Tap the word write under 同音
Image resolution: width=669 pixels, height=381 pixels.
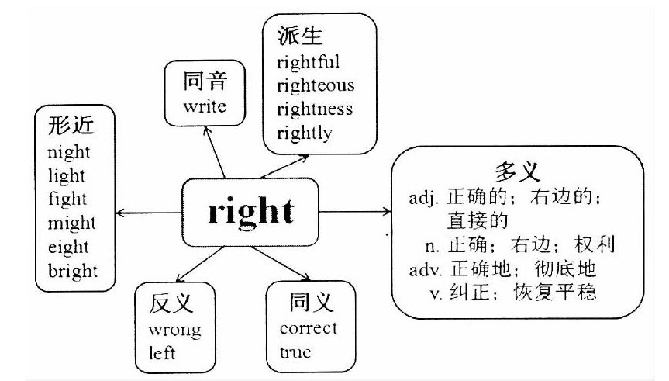tap(205, 106)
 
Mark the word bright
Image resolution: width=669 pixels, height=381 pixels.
tap(72, 272)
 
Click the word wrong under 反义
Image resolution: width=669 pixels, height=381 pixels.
tap(174, 330)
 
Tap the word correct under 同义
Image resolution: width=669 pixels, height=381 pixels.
tap(308, 327)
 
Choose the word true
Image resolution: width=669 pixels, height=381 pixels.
tap(295, 352)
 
